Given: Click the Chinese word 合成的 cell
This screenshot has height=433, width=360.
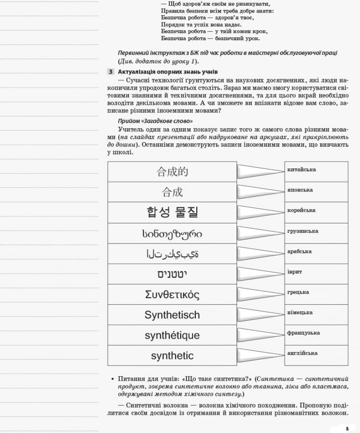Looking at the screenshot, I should pos(172,172).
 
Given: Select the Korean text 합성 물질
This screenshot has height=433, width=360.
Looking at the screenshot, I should pos(172,212).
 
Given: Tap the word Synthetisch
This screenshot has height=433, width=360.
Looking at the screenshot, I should pos(172,315).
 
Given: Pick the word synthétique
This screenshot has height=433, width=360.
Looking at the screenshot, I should pos(172,336).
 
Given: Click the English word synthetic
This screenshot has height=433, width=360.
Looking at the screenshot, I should pos(172,356).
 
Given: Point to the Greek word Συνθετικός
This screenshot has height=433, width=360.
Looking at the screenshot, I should pos(172,295).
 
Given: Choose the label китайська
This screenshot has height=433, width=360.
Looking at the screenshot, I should pos(302,170).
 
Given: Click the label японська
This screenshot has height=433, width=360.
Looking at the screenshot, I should pos(300,190).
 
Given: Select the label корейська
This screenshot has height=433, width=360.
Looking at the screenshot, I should pos(301,210).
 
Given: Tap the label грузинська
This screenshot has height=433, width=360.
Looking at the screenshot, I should pos(302,231).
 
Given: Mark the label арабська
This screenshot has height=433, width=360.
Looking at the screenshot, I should pos(299,252).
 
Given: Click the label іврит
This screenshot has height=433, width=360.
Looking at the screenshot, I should pos(295,272).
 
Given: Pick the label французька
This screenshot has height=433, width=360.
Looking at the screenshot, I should pos(303,333).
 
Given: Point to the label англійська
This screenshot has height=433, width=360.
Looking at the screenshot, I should pos(302,353).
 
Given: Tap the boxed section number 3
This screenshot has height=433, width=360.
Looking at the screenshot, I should pos(111,72).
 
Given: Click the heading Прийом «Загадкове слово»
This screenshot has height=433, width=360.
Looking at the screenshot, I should pos(156,121).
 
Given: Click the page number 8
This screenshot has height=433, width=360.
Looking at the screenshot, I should pos(347,428).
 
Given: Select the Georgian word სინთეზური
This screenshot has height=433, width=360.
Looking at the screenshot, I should pos(172,234).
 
